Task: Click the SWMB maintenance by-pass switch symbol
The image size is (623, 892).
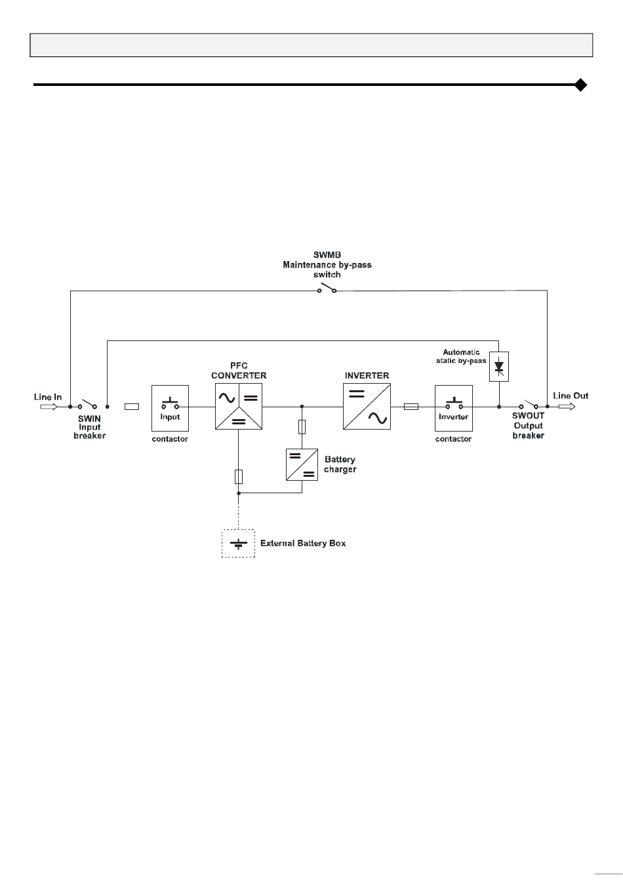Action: click(327, 289)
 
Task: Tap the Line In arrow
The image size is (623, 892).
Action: click(49, 407)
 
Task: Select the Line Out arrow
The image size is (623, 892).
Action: click(567, 406)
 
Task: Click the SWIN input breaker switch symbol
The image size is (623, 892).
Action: click(87, 404)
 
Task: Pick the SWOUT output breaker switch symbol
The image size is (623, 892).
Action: click(529, 404)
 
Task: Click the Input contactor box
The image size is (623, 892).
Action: click(170, 408)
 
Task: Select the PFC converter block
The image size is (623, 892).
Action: click(239, 406)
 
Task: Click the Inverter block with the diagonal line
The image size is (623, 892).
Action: click(367, 406)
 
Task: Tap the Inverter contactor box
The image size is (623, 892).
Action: click(453, 408)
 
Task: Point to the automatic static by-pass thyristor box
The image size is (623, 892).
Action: click(499, 367)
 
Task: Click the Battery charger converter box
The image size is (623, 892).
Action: click(302, 464)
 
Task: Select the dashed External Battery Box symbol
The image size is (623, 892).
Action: click(238, 543)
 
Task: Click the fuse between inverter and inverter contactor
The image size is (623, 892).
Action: click(411, 407)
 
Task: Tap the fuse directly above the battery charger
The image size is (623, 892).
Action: click(302, 427)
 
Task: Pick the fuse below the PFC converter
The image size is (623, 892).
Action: click(239, 477)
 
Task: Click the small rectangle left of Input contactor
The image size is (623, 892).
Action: click(132, 407)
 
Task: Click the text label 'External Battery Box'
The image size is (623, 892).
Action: click(303, 543)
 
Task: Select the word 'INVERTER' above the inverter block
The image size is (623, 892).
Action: click(367, 376)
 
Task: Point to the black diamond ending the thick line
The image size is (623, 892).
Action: click(581, 85)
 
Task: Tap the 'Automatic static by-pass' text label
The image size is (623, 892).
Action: click(461, 356)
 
